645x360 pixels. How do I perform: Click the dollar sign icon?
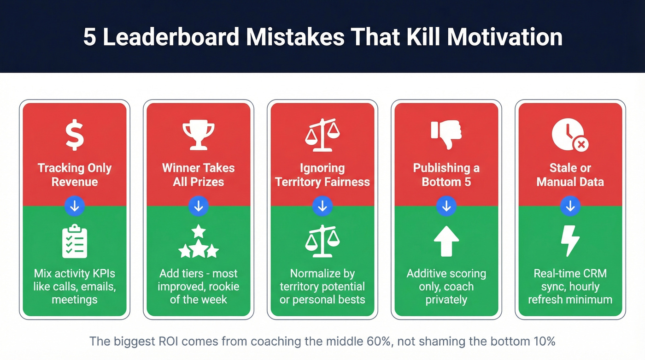coord(75,136)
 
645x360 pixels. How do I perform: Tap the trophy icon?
coord(199,136)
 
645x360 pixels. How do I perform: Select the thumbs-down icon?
coord(446,135)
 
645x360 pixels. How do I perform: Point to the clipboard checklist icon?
coord(75,242)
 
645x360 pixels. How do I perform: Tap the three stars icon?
coord(199,242)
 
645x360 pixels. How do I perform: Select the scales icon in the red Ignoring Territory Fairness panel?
coord(322,136)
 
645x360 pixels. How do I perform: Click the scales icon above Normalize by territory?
coord(322,241)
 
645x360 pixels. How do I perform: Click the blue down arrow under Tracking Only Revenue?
coord(75,207)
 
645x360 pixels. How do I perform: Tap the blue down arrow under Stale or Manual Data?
coord(570,207)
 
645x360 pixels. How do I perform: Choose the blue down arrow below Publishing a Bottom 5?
coord(446,207)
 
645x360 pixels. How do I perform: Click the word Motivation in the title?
coord(504,37)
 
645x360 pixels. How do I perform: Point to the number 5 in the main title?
coord(89,37)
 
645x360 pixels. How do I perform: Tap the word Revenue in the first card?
coord(75,182)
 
